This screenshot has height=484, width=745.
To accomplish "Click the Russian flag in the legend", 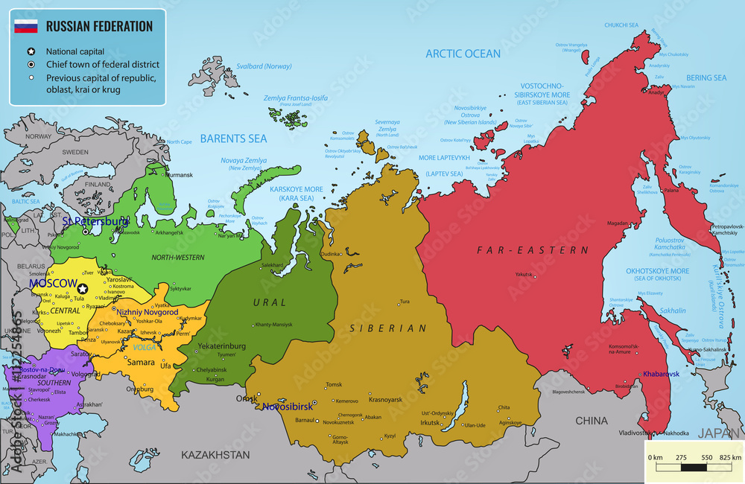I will point(26,27).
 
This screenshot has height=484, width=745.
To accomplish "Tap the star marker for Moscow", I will point(83,288).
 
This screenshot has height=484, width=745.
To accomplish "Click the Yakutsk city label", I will point(524,275).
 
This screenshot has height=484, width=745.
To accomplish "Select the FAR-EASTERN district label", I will point(532,250).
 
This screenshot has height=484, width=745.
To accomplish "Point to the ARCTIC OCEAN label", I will point(463,54).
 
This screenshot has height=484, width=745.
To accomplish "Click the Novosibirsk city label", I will point(287,407).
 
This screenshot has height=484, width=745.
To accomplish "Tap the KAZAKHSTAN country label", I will point(216,454).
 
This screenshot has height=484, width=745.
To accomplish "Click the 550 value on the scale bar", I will point(707,456).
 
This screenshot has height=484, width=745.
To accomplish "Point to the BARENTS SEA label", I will point(232,138).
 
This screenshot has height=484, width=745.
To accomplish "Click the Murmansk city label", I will point(179,176).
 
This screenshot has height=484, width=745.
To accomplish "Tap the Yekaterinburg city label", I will point(221,346).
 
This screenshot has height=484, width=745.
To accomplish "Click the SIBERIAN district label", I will point(390,328).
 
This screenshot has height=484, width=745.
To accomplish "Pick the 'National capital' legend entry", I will point(74,52).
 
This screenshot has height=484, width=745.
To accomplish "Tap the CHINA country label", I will point(592,421).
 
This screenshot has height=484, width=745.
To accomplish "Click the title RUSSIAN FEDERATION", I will point(99,26).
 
